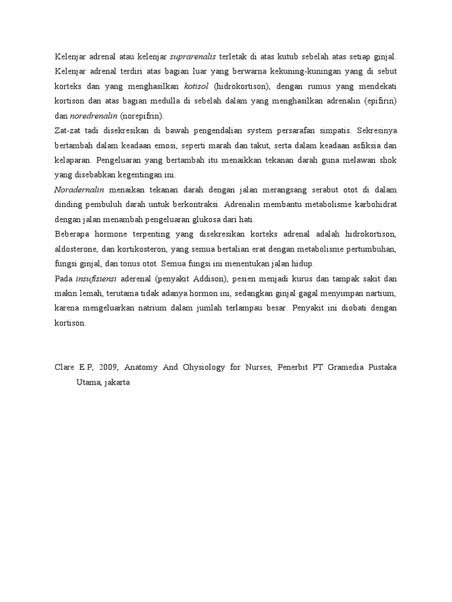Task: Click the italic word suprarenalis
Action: pyautogui.click(x=193, y=58)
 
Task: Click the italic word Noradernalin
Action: pyautogui.click(x=79, y=190)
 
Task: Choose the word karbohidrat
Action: pyautogui.click(x=374, y=205)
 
